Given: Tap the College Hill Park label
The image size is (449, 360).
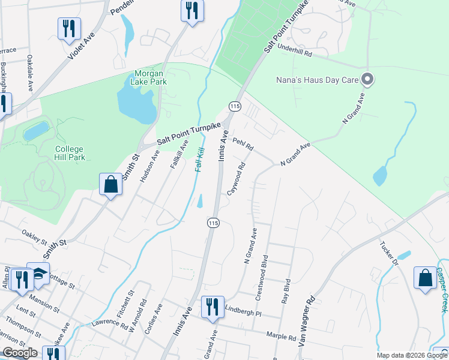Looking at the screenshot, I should pos(70,153).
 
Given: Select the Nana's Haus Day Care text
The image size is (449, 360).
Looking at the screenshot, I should pos(317,79).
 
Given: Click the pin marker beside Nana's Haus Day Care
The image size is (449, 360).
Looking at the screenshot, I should pos(368,79).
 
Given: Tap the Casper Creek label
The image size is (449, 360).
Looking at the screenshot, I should pos(442,289).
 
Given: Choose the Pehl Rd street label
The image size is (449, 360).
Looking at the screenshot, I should pos(243,144).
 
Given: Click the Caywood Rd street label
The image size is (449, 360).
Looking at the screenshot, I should pos(236,178).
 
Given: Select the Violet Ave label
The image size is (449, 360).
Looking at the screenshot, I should pos(82,46).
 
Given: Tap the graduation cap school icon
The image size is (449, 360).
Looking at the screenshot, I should pos(38,274).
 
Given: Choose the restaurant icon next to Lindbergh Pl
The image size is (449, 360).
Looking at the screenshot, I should pos(211,306).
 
